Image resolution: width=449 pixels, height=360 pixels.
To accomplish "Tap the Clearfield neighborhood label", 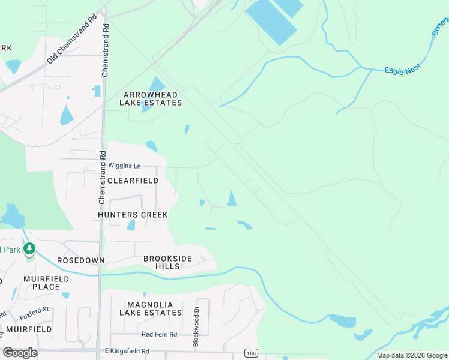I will tap(133, 181).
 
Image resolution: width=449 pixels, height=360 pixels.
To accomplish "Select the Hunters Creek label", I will tap(133, 215).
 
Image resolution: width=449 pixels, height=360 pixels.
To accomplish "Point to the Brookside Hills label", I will tap(167, 262).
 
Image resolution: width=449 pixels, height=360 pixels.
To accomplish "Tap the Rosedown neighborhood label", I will tap(80, 260).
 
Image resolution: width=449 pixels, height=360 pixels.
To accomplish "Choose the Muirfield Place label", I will tap(46, 283).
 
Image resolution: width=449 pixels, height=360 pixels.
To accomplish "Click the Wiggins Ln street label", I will tap(124, 166).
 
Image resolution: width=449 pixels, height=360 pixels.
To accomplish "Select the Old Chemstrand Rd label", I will tap(72, 39).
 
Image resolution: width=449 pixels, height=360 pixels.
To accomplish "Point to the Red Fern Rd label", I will tap(159, 334).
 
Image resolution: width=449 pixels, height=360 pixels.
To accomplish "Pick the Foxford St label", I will tap(34, 310).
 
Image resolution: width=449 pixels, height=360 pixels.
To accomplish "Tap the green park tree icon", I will tap(28, 248).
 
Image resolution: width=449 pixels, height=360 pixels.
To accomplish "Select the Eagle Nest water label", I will tap(403, 71).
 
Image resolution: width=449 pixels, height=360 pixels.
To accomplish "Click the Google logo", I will tap(20, 353).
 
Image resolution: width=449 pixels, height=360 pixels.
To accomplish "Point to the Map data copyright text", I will tap(411, 355).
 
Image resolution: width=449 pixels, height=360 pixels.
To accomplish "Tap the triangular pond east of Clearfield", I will tap(231, 198).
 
